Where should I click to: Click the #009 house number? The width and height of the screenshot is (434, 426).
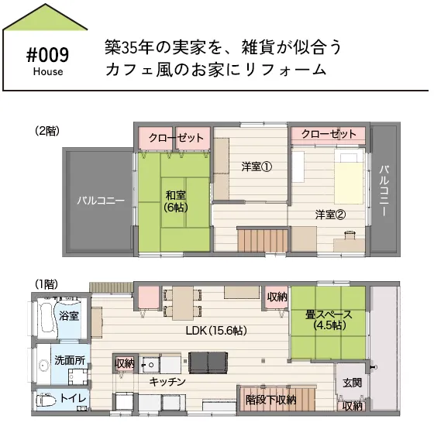pyautogui.click(x=47, y=55)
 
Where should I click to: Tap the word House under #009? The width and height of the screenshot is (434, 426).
pyautogui.click(x=48, y=71)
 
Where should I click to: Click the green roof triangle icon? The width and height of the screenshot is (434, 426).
pyautogui.click(x=45, y=17)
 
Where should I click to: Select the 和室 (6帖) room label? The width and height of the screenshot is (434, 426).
pyautogui.click(x=176, y=201)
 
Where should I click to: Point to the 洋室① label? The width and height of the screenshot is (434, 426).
pyautogui.click(x=257, y=167)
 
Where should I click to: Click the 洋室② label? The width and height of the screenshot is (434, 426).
pyautogui.click(x=330, y=215)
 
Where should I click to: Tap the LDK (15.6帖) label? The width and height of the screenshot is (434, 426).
pyautogui.click(x=216, y=330)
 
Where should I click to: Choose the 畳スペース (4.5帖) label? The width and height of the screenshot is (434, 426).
pyautogui.click(x=329, y=320)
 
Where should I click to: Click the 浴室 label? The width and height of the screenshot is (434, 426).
pyautogui.click(x=69, y=316)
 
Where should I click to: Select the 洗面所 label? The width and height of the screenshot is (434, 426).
pyautogui.click(x=70, y=360)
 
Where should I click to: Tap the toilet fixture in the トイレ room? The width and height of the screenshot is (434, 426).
pyautogui.click(x=43, y=400)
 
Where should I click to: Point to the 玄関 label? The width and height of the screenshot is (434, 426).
pyautogui.click(x=352, y=383)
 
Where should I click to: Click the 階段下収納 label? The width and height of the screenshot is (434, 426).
pyautogui.click(x=271, y=400)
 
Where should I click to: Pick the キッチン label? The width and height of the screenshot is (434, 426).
pyautogui.click(x=167, y=382)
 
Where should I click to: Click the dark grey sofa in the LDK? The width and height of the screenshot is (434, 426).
pyautogui.click(x=208, y=362)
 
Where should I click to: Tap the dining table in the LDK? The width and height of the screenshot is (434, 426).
pyautogui.click(x=183, y=303)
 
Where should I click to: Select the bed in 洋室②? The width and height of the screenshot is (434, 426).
pyautogui.click(x=349, y=177)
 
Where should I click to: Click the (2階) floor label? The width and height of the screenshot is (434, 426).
pyautogui.click(x=47, y=131)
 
